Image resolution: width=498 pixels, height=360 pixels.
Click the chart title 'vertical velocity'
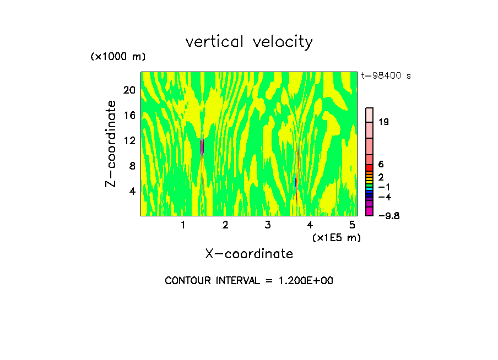point(249,42)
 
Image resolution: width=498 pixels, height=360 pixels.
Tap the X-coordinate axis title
point(249,254)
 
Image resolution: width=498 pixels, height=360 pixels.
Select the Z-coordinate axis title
point(111,144)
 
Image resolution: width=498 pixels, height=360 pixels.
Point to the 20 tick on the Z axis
point(129,90)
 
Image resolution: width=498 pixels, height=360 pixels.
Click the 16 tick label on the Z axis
point(129,115)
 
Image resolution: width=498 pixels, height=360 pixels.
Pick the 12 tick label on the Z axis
point(129,140)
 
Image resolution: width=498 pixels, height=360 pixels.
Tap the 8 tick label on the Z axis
point(132,166)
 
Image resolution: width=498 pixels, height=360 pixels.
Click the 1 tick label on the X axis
point(183,225)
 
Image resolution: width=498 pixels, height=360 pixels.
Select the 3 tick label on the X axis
point(268,225)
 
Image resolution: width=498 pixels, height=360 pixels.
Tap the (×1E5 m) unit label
point(336,238)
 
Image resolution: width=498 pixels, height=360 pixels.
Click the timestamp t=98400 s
point(386,76)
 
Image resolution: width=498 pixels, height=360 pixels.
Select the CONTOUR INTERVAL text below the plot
point(249,281)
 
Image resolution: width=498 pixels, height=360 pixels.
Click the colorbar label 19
point(384,122)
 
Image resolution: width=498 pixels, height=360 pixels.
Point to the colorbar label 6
point(381,164)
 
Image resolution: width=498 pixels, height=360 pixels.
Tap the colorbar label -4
point(384,197)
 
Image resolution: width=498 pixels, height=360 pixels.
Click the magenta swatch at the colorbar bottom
point(370,211)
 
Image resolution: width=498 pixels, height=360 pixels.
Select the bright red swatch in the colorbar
point(370,168)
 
